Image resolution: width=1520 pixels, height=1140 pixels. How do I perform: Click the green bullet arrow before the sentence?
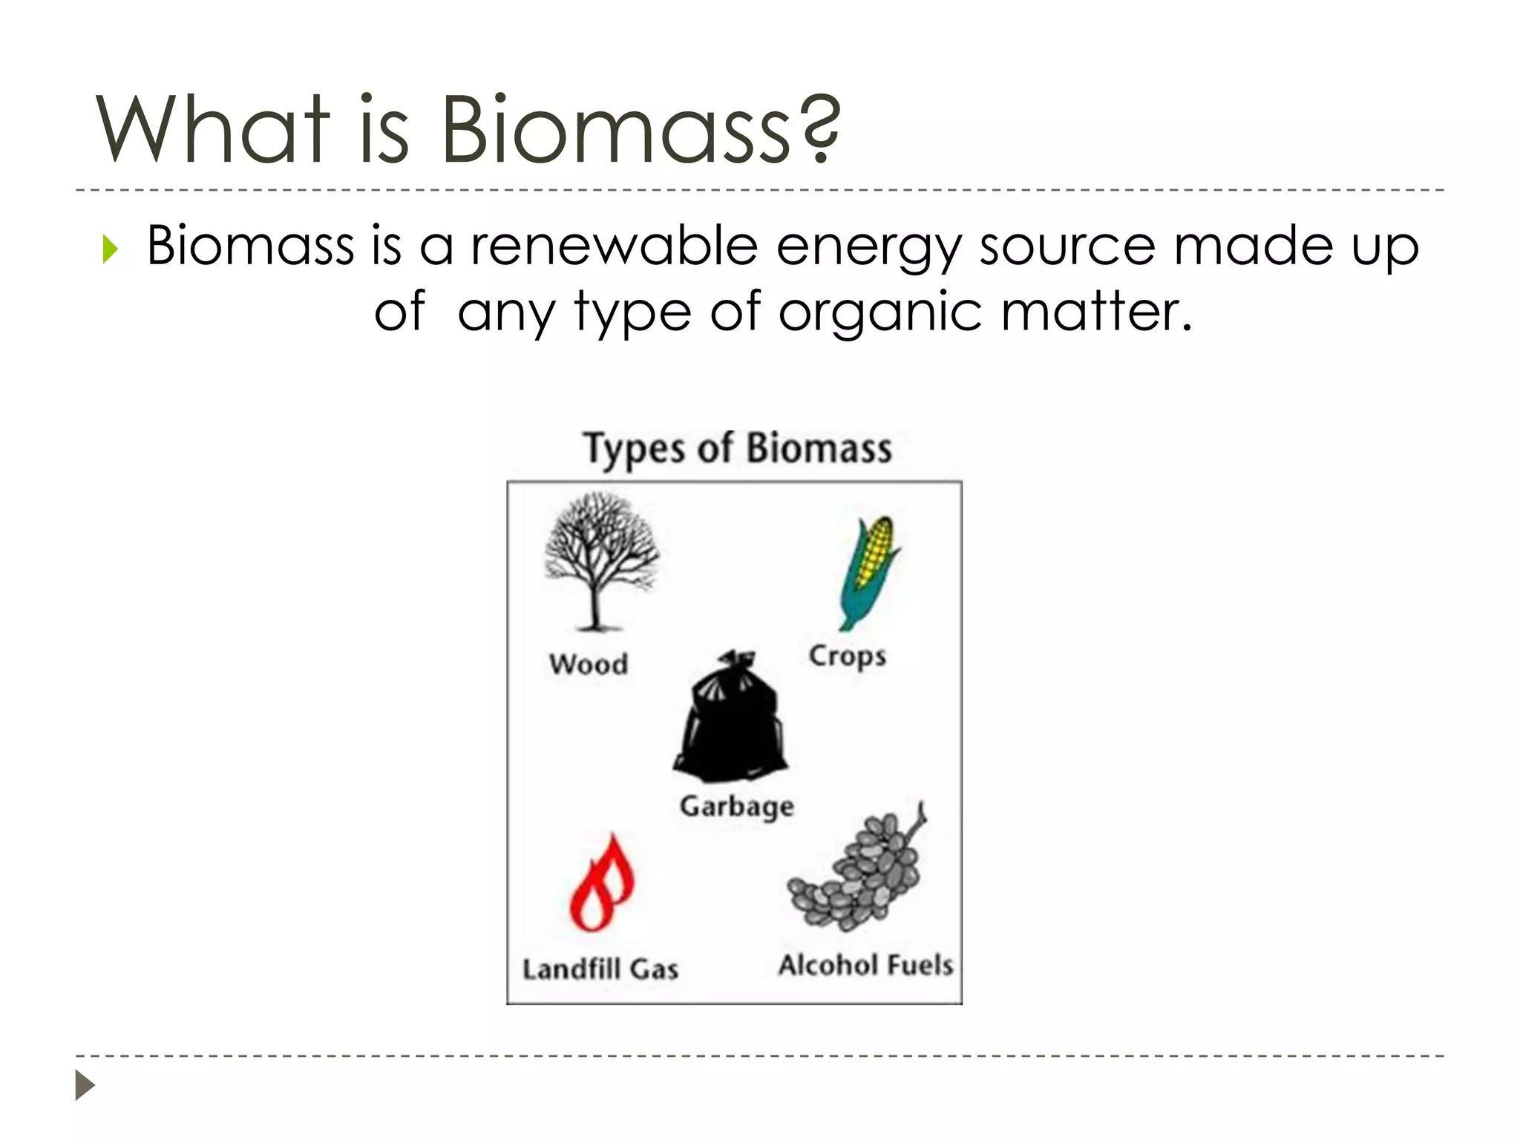coord(111,249)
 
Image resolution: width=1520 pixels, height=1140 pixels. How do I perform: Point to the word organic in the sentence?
coord(880,312)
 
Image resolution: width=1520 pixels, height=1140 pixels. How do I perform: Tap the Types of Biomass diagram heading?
coord(738,449)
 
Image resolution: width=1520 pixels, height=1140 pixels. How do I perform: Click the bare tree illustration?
coord(600,560)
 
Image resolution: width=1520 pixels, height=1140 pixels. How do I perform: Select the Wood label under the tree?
coord(589,664)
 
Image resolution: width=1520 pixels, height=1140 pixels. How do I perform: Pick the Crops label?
coord(847,656)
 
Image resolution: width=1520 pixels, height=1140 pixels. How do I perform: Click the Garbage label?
coord(736,806)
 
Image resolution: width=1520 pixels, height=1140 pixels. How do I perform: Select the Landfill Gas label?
coord(600,969)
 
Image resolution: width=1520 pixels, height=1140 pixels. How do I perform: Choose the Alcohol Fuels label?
coord(865,965)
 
